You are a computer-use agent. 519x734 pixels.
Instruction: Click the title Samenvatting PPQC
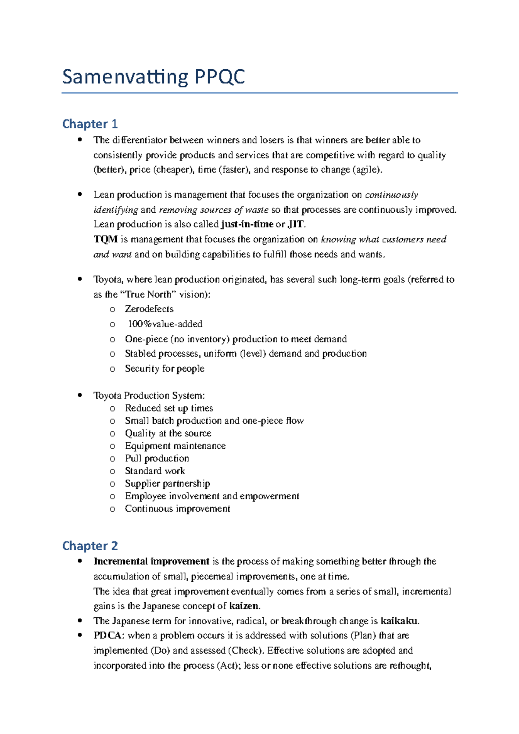pos(153,77)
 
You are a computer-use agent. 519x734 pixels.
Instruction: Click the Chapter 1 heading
pos(90,124)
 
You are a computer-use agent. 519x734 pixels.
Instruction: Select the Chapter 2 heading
pos(90,546)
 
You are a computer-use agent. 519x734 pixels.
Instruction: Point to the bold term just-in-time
pos(247,224)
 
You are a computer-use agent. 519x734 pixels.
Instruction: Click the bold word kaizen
pos(244,606)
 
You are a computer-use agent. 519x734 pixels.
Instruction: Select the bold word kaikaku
pos(399,621)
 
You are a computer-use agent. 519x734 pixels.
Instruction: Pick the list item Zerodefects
pos(149,309)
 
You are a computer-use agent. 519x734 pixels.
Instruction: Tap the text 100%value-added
pos(165,324)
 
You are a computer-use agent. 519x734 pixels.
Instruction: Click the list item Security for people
pos(164,369)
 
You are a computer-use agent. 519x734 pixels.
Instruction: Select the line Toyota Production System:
pos(149,396)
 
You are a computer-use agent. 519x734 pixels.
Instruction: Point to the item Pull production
pos(157,459)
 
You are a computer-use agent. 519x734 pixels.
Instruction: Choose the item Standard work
pos(155,471)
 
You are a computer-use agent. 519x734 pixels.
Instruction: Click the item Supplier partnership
pos(167,484)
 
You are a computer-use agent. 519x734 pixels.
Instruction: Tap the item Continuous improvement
pos(177,509)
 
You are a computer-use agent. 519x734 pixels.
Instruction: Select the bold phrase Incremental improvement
pos(151,562)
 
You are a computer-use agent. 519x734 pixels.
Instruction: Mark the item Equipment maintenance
pos(175,446)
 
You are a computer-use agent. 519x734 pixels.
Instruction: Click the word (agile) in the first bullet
pos(368,170)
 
